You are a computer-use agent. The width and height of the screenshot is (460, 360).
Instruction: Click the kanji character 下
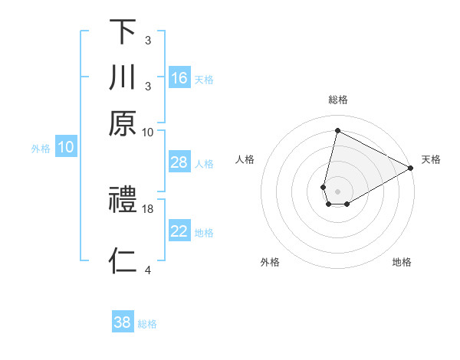coord(123,32)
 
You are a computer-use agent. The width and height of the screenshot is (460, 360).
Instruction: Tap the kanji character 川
coord(123,78)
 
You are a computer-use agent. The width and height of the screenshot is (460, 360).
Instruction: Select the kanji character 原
coord(123,123)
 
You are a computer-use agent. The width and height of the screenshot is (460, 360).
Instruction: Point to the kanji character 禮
coord(123,201)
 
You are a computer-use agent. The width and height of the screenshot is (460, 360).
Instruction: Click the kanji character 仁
coord(123,260)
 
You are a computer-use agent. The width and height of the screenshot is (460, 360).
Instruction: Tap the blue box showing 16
coord(179,78)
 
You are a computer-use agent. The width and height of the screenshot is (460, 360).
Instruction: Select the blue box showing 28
coord(179,162)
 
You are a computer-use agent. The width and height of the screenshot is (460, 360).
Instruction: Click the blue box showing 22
coord(179,231)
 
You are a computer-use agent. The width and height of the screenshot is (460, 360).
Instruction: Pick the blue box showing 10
coord(66,148)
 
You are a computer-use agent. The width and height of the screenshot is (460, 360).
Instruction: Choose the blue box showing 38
coord(123,322)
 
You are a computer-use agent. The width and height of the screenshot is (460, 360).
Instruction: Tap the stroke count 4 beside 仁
coord(148,269)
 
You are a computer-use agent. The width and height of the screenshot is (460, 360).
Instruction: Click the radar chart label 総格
coord(337,100)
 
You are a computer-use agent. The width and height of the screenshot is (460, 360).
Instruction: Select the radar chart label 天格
coord(431,159)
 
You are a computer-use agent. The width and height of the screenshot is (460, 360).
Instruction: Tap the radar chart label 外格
coord(270,262)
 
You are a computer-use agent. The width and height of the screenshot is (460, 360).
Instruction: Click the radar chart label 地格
coord(402,262)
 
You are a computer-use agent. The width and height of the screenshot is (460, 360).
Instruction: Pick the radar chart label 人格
coord(245,159)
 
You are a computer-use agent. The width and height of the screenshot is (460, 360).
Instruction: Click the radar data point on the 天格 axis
coord(411,168)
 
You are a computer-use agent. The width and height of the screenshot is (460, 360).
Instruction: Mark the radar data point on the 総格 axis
coord(337,130)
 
